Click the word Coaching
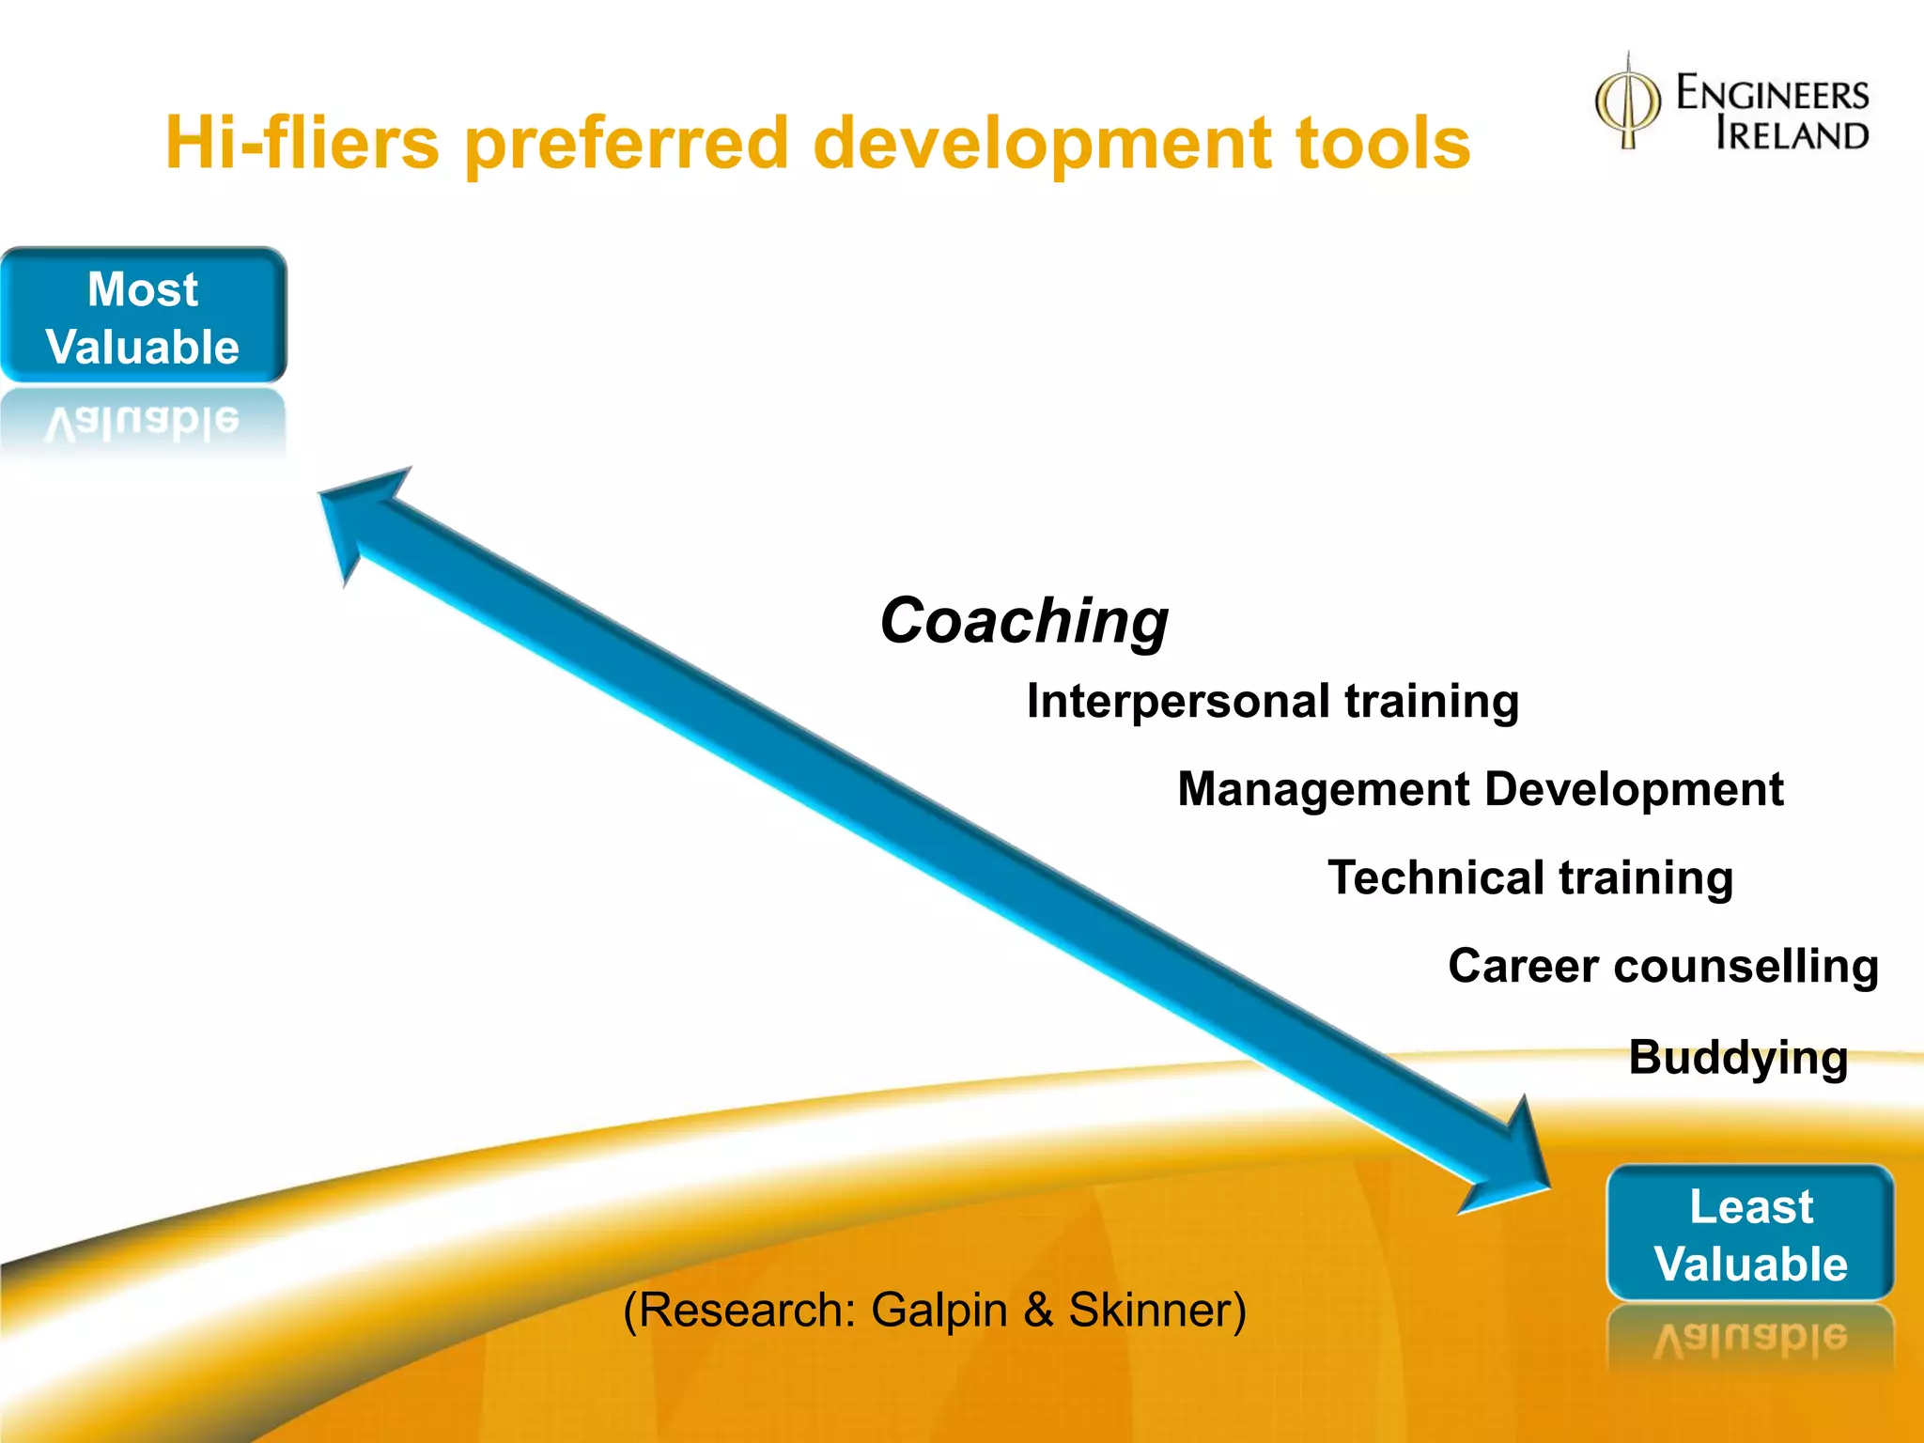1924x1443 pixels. tap(1023, 622)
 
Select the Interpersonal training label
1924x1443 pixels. tap(1272, 702)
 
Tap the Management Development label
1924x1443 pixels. tap(1480, 789)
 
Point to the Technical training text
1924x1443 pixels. tap(1529, 878)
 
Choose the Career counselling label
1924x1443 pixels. tap(1663, 967)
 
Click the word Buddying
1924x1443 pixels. tap(1737, 1059)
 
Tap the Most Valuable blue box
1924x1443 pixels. tap(143, 317)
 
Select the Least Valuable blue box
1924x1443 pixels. tap(1750, 1234)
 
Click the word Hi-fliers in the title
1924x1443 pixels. tap(302, 143)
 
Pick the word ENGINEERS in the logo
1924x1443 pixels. tap(1773, 94)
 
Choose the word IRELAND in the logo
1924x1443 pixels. tap(1792, 135)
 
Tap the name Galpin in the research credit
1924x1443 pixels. tap(939, 1311)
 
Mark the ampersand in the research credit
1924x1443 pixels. tap(1038, 1310)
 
